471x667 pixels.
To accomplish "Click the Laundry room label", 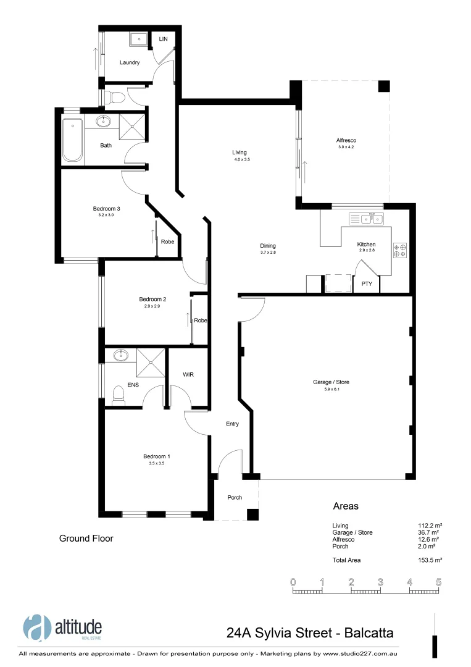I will pos(130,62).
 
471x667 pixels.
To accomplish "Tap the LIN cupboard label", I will pos(163,39).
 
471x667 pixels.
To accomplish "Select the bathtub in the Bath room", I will pos(72,140).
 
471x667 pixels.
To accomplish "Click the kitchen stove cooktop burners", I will pos(399,248).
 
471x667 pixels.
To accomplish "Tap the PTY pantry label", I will pos(367,284).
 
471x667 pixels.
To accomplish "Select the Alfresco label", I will pos(346,140).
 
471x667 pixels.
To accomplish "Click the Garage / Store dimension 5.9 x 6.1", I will pos(331,389).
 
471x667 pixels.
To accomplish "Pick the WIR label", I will pos(188,375).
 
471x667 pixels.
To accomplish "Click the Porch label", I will pos(235,498).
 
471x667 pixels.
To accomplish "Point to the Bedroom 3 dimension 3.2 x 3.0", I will pos(106,215).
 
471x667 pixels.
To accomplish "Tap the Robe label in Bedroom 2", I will pos(200,321).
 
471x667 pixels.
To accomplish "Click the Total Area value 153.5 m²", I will pos(430,560).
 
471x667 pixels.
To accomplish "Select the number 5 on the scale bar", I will pos(439,582).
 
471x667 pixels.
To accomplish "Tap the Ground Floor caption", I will pos(86,539).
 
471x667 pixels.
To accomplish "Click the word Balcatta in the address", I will pos(369,632).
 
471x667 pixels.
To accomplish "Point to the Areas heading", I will pos(346,506).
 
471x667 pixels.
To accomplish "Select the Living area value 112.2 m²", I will pos(430,526).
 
